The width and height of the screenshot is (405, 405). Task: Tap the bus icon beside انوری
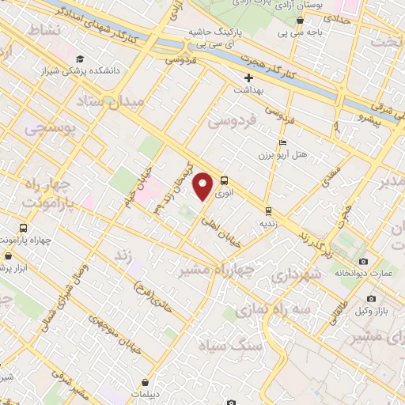(225, 180)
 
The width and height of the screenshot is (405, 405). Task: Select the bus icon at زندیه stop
(268, 210)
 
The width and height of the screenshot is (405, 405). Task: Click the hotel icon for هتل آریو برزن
(282, 142)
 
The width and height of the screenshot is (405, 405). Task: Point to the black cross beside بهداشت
(248, 78)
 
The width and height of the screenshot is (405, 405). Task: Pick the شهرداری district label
(295, 275)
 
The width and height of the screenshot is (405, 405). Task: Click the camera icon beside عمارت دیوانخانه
(363, 261)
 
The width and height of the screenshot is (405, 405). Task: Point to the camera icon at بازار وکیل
(372, 300)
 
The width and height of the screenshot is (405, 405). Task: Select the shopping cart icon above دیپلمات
(145, 382)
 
